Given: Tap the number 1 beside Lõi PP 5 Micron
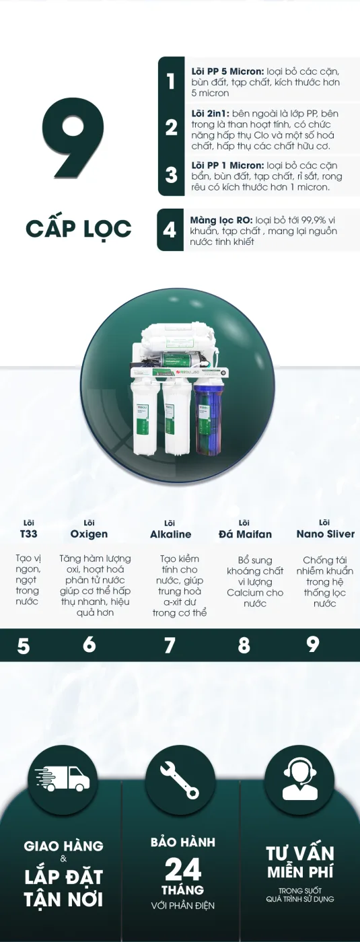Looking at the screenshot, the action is tap(170, 81).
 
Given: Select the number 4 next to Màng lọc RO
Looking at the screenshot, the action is tap(170, 229).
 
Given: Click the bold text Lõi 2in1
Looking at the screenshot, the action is tap(210, 114).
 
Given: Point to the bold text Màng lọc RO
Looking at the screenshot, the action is tap(221, 221).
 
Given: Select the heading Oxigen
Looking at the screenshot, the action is tap(89, 534).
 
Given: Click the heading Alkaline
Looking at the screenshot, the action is tap(171, 534).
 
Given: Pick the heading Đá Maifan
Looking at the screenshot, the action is tap(245, 534).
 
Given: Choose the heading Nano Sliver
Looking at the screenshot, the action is tap(326, 534).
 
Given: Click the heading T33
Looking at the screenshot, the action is tap(28, 534).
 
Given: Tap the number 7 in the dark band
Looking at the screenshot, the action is tap(170, 645).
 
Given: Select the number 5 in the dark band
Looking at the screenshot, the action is tap(24, 645).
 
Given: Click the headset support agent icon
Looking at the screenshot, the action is tap(300, 779).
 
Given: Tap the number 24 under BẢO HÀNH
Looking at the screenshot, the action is tap(183, 869).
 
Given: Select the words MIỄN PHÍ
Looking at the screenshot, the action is tap(300, 872).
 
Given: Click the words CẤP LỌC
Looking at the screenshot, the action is tap(79, 229).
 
